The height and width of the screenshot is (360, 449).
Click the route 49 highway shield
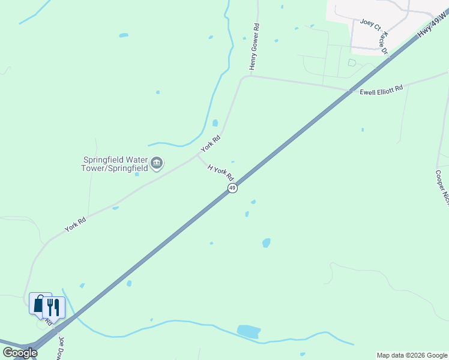[x=232, y=188]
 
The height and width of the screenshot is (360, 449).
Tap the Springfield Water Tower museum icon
[x=157, y=163]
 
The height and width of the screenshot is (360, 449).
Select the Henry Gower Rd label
[x=255, y=46]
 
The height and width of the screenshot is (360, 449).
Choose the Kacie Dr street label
[x=384, y=43]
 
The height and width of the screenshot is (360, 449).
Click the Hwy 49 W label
[x=433, y=26]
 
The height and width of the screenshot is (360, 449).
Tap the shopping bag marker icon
[x=40, y=304]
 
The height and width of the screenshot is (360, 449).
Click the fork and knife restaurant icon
[x=53, y=307]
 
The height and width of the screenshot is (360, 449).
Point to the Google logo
[x=20, y=353]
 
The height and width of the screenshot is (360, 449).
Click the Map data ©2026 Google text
[x=412, y=355]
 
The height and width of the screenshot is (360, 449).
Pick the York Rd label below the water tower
[x=75, y=224]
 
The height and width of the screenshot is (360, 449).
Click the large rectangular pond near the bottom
[x=249, y=331]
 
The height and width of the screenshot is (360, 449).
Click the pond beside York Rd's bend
[x=215, y=123]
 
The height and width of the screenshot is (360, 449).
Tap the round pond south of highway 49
[x=266, y=242]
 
